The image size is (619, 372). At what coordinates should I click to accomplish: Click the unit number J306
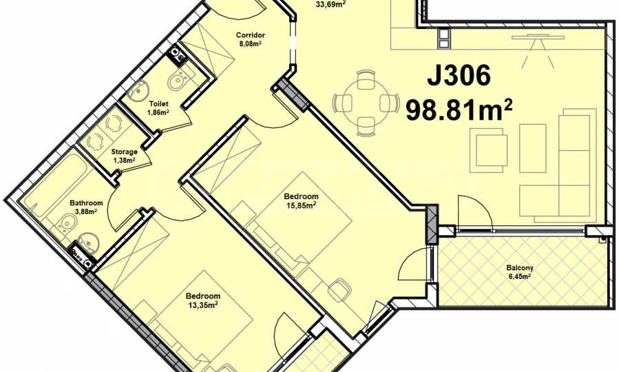(x=459, y=75)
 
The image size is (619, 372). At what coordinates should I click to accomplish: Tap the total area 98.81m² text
(x=459, y=110)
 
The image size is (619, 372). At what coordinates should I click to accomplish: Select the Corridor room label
(x=250, y=35)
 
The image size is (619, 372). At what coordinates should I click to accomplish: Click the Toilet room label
(x=158, y=104)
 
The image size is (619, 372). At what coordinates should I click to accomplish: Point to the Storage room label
(x=125, y=152)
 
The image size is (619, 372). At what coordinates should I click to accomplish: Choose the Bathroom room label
(x=86, y=203)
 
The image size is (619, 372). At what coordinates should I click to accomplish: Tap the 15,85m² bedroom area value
(x=301, y=205)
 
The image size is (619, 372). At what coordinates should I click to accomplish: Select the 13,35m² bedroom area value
(x=203, y=304)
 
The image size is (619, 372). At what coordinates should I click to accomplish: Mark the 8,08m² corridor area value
(x=250, y=43)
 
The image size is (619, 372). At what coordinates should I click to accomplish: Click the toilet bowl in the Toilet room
(x=180, y=79)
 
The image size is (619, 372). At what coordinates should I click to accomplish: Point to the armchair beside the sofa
(x=489, y=149)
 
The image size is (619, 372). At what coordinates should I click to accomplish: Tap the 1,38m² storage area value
(x=125, y=161)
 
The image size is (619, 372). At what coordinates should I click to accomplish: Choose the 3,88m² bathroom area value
(x=86, y=211)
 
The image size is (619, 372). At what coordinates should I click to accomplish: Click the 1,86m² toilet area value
(x=158, y=112)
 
